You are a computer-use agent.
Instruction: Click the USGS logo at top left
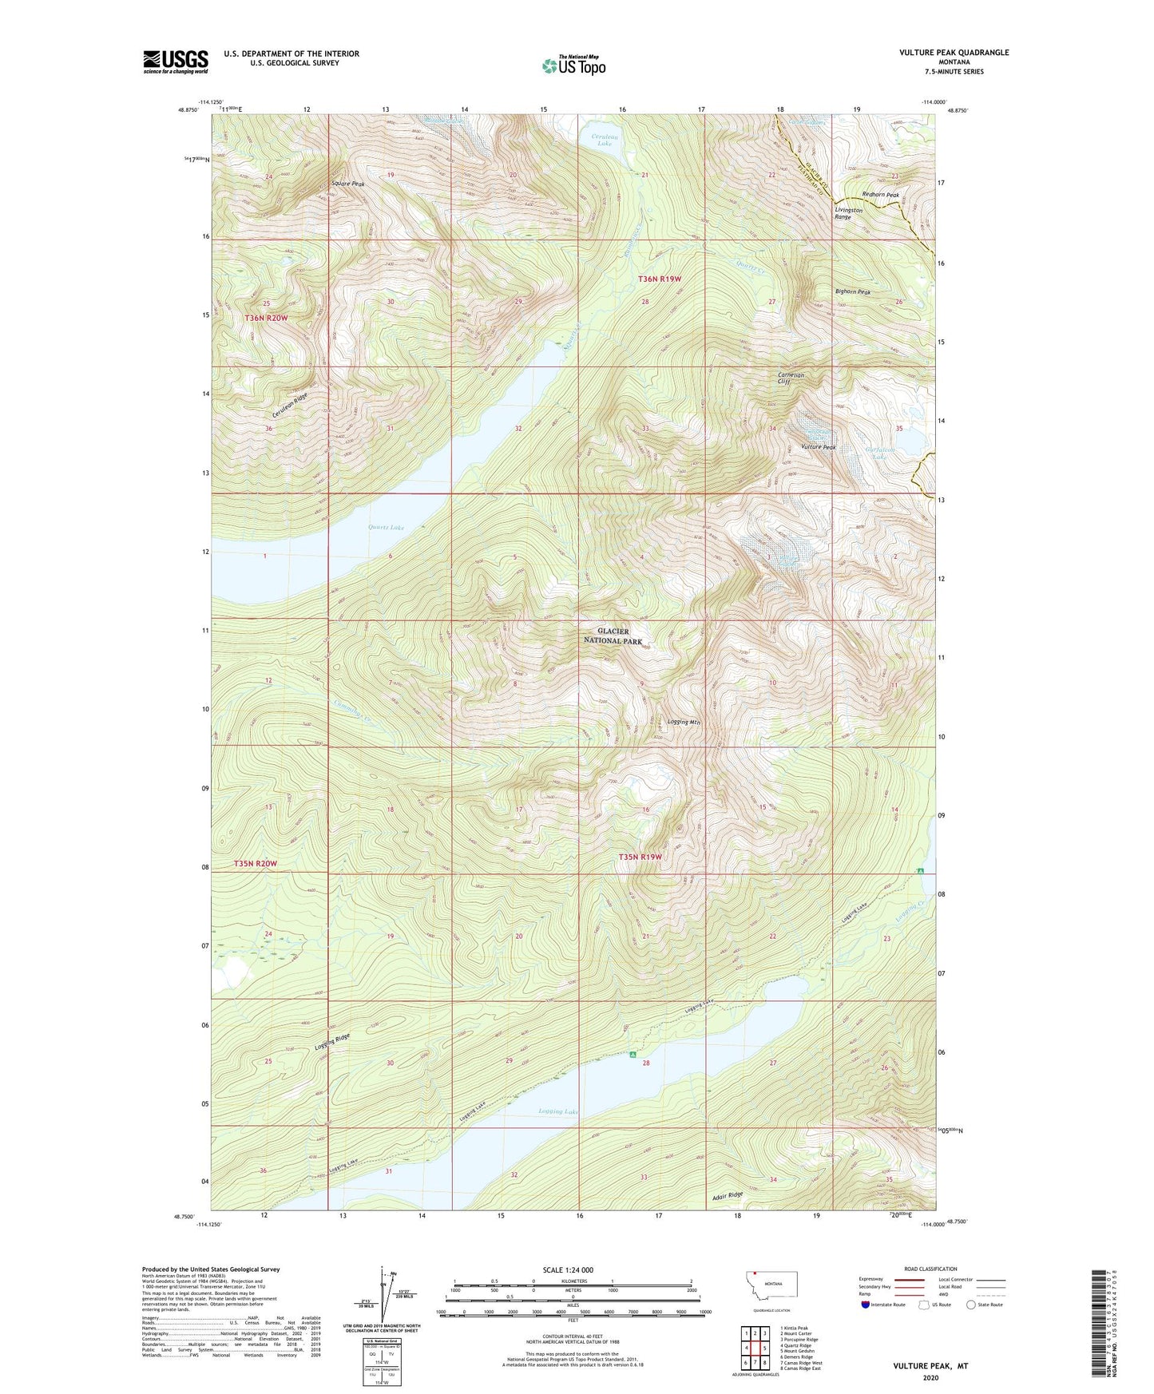coord(175,61)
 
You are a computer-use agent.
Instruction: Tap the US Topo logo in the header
coord(573,65)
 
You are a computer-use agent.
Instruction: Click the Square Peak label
coord(348,184)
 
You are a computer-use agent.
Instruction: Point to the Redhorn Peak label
coord(880,195)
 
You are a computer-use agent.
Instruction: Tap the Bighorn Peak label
coord(852,292)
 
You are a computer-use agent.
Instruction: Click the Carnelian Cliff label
coord(791,378)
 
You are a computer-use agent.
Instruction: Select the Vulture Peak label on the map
coord(819,447)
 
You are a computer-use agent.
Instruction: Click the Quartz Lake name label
coord(386,527)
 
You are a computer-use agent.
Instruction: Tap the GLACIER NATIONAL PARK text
coord(613,636)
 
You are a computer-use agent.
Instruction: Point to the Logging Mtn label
coord(684,722)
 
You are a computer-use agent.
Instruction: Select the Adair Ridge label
coord(727,1195)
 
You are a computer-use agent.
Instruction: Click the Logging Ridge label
coord(332,1042)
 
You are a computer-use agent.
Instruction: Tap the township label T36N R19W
coord(660,279)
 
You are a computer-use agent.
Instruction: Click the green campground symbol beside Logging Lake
coord(633,1055)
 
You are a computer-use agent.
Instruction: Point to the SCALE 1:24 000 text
coord(568,1269)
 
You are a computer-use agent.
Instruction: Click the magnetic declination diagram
coord(385,1299)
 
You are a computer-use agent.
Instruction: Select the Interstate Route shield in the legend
coord(866,1305)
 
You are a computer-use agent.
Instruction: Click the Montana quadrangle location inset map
coord(771,1288)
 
